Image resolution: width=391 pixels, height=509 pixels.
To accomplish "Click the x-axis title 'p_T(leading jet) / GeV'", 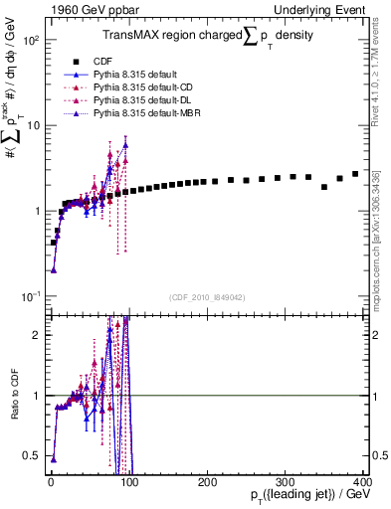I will [310, 495].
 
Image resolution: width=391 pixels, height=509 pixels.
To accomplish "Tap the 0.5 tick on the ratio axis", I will [35, 455].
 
